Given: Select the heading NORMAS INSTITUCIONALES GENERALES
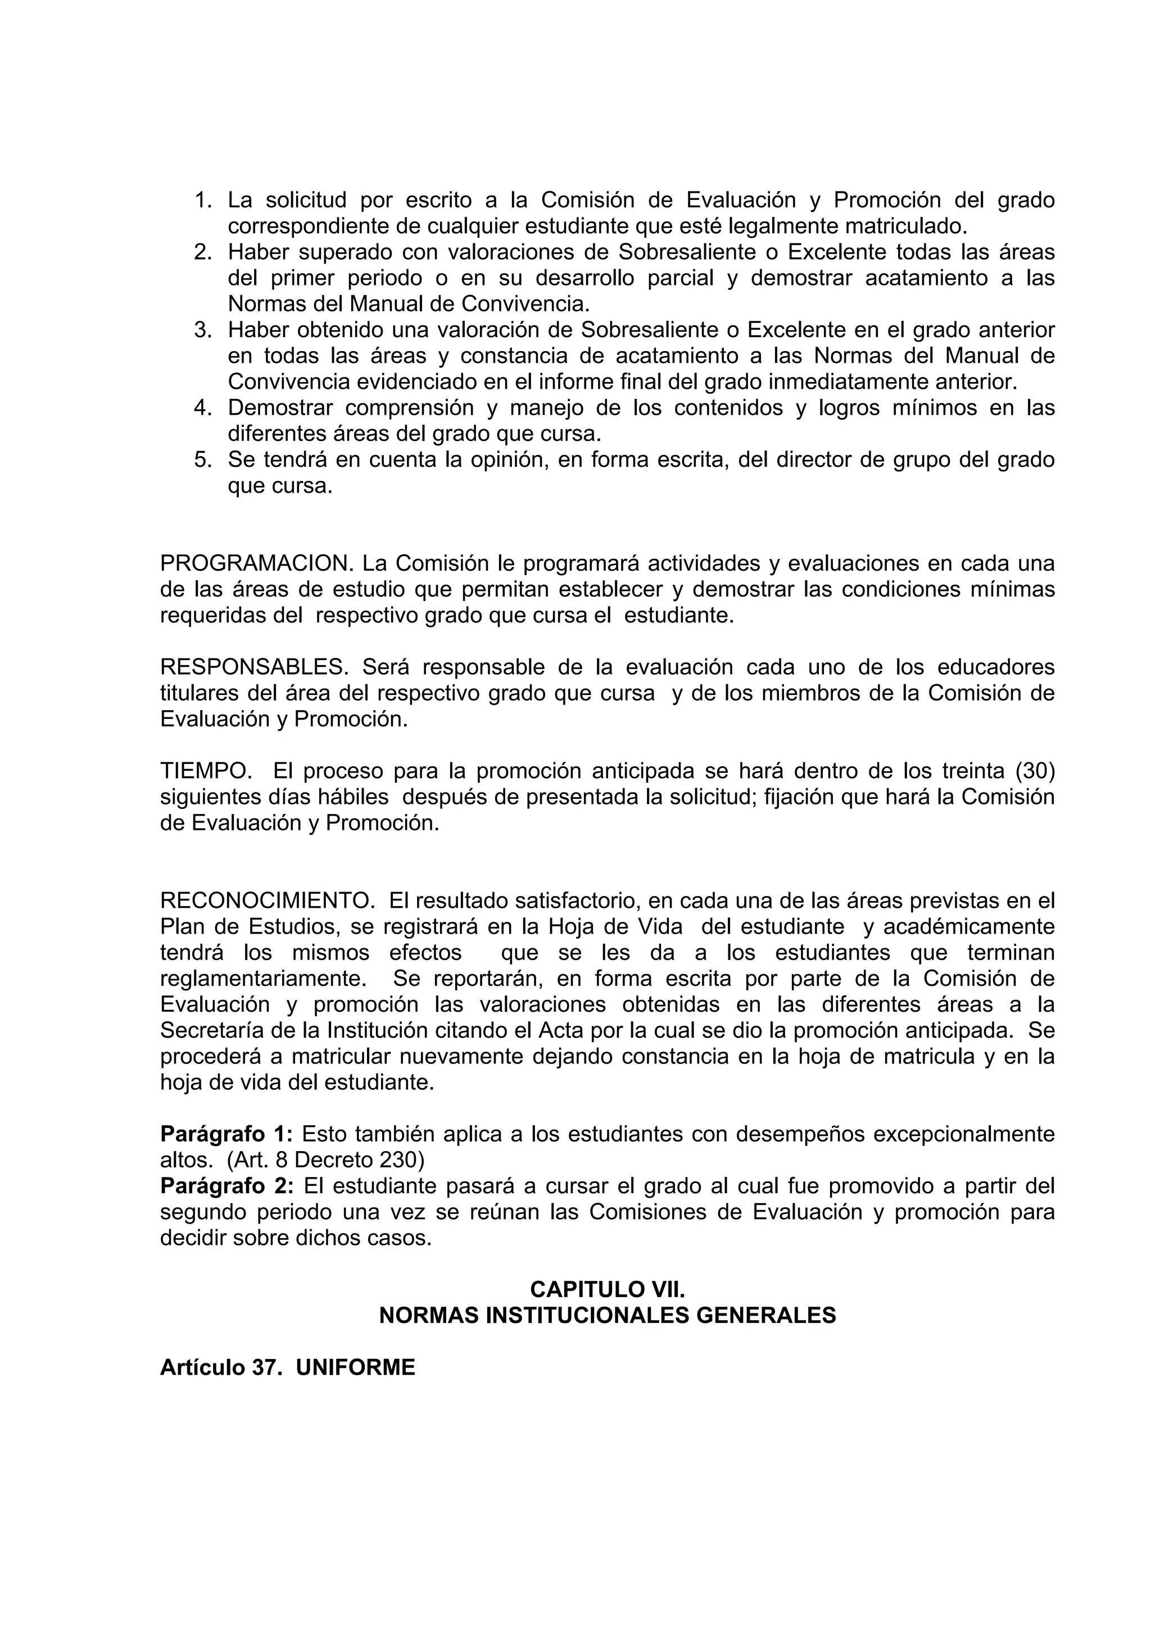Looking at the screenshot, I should (607, 1315).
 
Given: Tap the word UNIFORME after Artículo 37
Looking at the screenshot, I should (355, 1367).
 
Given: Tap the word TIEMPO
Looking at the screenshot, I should (206, 771).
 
